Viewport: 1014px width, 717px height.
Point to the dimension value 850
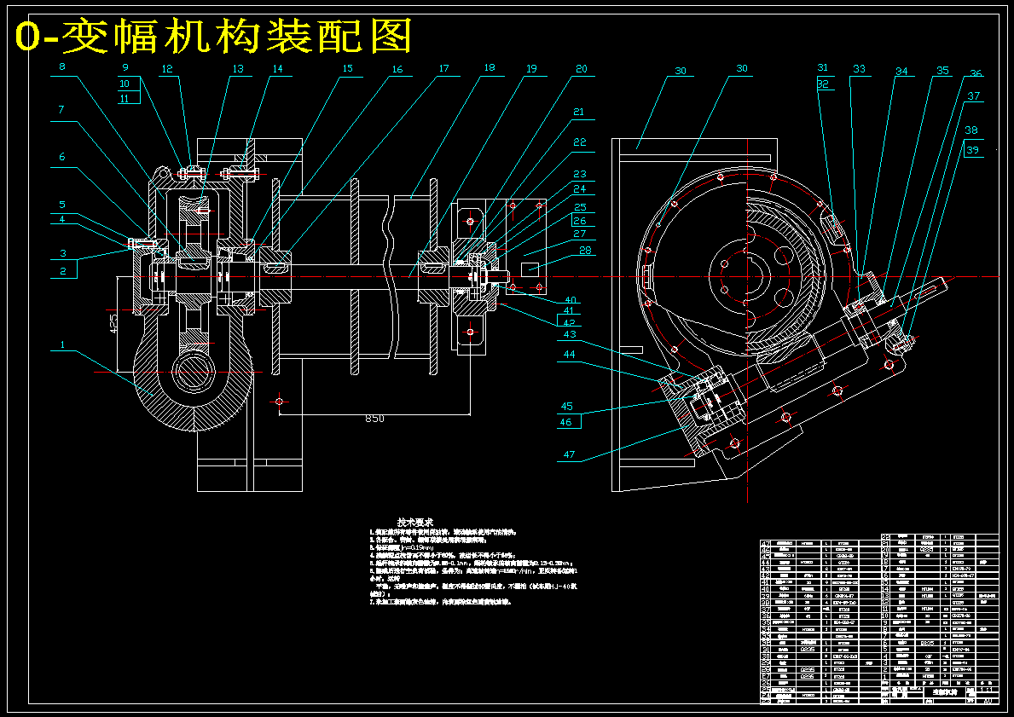(x=374, y=419)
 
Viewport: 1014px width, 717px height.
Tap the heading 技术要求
(x=415, y=522)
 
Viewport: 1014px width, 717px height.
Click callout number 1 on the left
(x=62, y=345)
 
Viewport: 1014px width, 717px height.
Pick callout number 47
(x=569, y=454)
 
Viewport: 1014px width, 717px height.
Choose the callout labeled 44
(x=569, y=354)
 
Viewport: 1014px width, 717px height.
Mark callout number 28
(x=585, y=251)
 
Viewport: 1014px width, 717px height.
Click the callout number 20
(x=581, y=68)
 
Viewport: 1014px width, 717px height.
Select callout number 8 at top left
(x=62, y=66)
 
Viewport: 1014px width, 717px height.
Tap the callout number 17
(x=443, y=68)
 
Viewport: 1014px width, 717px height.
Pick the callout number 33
(x=859, y=69)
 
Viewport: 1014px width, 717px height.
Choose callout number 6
(x=62, y=157)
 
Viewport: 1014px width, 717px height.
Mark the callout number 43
(x=569, y=334)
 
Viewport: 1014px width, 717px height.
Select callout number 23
(x=579, y=174)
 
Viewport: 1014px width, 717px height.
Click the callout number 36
(x=976, y=74)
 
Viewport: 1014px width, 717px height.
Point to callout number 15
(x=347, y=68)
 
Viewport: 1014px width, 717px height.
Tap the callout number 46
(x=566, y=422)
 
